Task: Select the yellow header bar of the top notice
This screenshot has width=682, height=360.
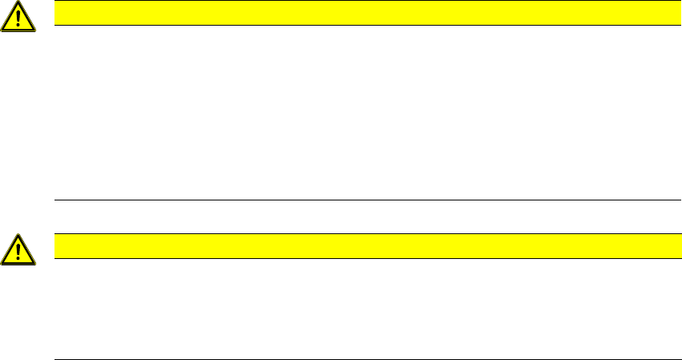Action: click(x=361, y=13)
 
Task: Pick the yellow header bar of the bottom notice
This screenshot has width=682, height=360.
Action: click(x=361, y=245)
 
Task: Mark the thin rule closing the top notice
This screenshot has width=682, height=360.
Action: click(x=361, y=200)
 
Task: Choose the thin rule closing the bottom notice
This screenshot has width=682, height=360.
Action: click(x=361, y=358)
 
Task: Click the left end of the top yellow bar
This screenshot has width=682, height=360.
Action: click(x=56, y=13)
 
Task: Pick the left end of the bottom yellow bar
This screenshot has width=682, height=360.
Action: click(x=56, y=245)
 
